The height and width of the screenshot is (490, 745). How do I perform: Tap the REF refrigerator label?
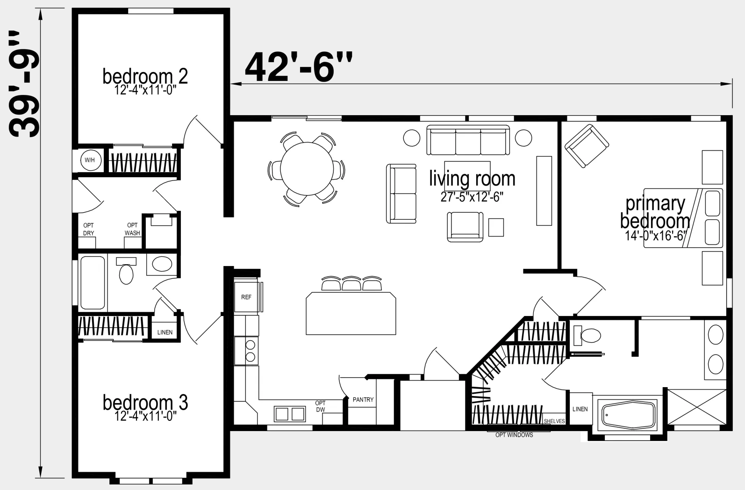coord(246,297)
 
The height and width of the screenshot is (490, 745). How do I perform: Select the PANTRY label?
coord(363,399)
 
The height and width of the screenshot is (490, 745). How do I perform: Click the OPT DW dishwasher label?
coord(320,406)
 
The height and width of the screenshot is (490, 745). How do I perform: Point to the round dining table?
coord(307,169)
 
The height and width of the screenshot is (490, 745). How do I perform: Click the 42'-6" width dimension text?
coord(298,67)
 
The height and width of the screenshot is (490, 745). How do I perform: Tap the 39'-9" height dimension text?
coord(24,84)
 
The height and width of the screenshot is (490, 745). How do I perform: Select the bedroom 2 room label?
coord(145,76)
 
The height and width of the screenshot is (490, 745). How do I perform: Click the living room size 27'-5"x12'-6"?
coord(472,197)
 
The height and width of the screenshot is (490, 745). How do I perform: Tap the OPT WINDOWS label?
coord(514,435)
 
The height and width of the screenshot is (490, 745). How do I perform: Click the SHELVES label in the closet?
coord(554,421)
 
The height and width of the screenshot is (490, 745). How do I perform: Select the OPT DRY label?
coord(88,229)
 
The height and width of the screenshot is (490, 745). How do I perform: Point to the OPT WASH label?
coord(132,229)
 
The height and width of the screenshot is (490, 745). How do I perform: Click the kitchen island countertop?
coord(351,313)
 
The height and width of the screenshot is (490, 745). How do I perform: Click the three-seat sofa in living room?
coord(468,140)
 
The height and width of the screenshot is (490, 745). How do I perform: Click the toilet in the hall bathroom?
coord(126,270)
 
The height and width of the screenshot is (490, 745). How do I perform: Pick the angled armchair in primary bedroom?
coord(587,146)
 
